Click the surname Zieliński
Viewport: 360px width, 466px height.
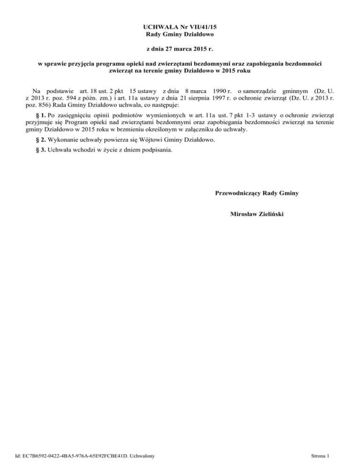(x=269, y=214)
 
